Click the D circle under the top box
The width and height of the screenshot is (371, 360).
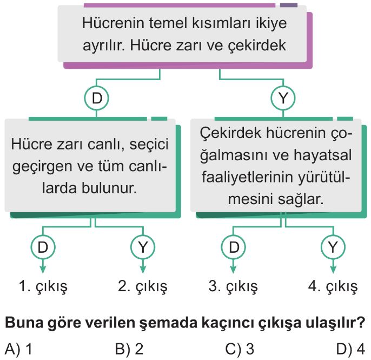96,98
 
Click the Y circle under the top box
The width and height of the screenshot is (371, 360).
283,98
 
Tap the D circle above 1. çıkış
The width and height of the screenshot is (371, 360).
43,247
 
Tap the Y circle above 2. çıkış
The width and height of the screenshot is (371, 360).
143,247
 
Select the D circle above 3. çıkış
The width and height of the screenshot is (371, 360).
233,247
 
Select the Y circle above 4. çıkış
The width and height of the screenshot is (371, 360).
333,247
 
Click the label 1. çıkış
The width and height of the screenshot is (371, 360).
43,287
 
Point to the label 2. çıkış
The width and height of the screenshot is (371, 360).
143,287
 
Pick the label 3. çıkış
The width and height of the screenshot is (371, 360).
233,287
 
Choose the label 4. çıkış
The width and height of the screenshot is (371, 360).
333,287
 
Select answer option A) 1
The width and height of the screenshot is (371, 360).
18,349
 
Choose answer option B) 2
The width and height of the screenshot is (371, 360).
129,349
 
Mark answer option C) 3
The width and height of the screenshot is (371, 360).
240,349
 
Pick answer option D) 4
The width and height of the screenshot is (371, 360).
350,349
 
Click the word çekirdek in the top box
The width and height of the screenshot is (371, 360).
257,45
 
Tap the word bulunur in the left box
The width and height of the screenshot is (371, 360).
109,188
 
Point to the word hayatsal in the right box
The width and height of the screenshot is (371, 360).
323,155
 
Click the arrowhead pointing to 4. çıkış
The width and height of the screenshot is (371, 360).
333,270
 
